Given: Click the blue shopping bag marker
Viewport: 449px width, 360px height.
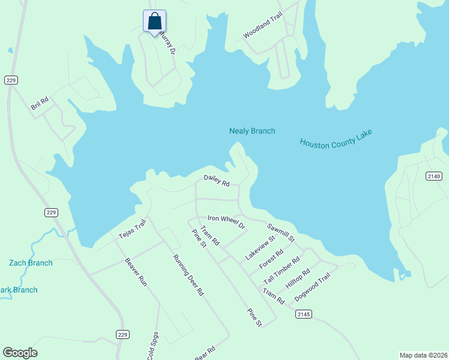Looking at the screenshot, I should click(154, 22).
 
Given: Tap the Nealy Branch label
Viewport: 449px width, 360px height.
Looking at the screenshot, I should click(252, 131).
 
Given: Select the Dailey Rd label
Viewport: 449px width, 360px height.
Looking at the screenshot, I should click(217, 180).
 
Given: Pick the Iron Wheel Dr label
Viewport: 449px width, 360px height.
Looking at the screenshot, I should click(226, 221).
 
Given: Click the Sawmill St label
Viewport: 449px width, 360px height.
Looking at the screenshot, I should click(281, 232).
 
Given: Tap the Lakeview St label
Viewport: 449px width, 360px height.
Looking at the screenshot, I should click(260, 247).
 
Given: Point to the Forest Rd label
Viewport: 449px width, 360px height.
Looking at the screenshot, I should click(271, 260).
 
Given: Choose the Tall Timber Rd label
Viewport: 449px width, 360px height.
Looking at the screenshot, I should click(281, 272).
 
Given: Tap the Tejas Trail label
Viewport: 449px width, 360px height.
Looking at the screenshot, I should click(132, 229).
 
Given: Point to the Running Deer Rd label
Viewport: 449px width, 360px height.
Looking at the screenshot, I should click(189, 275).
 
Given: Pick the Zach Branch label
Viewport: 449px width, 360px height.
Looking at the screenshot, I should click(31, 263).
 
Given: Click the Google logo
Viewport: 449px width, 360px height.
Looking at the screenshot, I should click(20, 353).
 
